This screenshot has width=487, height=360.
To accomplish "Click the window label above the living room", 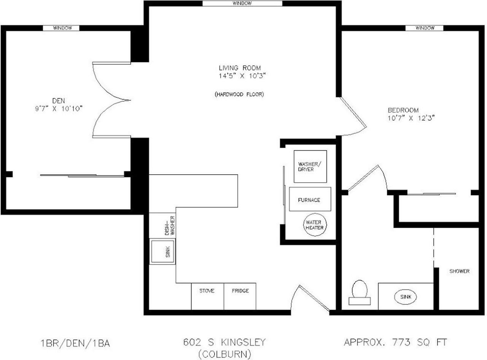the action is [x=242, y=3].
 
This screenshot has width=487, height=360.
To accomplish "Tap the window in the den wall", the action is [x=61, y=28].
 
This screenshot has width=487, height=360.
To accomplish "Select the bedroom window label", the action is [x=425, y=28].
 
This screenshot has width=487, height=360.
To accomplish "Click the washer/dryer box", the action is [x=310, y=167].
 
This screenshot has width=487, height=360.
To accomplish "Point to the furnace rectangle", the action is [x=310, y=199].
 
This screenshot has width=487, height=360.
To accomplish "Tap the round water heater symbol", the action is [x=315, y=225].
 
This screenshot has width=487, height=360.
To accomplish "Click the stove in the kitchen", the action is [x=207, y=296].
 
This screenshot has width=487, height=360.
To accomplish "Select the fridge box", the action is [x=240, y=296].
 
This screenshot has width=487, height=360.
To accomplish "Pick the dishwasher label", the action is [x=170, y=226].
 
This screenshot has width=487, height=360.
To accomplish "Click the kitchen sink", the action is [x=162, y=251].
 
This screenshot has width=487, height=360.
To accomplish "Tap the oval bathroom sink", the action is [x=406, y=297].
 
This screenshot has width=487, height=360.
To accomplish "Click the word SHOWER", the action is [x=459, y=271].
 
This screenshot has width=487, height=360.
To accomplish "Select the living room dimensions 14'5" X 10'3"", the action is [x=242, y=76].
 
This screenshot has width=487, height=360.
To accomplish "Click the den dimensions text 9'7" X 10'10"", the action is [x=59, y=108].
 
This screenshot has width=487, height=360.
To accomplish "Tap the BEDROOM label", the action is [x=403, y=110].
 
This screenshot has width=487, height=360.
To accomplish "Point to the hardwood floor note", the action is [x=239, y=94].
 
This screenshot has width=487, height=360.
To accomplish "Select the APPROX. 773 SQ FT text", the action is [x=395, y=342].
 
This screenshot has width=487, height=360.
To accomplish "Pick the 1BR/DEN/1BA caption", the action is [x=75, y=344].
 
